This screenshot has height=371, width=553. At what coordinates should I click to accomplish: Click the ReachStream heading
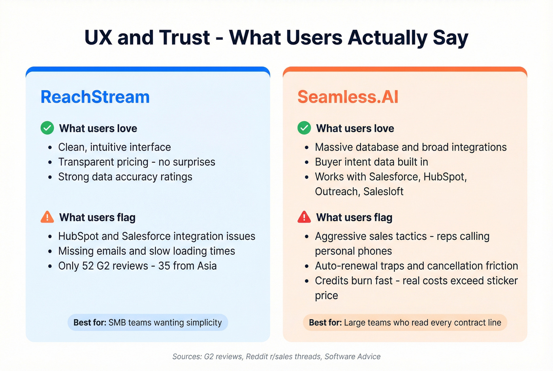pos(95,97)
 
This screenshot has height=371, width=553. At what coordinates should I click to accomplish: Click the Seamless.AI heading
pos(348,97)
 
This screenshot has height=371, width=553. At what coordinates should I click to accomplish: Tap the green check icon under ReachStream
pos(47,128)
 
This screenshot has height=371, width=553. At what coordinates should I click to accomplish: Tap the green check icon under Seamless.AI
pos(304,128)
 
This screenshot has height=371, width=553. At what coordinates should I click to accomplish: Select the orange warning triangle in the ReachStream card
pos(47,217)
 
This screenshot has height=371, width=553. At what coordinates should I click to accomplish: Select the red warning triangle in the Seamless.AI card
pos(304,217)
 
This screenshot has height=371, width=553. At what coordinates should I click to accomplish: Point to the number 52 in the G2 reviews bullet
pos(88,266)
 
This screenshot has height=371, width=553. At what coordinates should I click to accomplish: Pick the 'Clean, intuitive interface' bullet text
pos(115,147)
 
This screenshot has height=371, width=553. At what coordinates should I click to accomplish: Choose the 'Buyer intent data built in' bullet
pos(371,162)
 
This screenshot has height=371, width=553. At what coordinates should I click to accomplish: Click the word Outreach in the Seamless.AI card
pos(337,192)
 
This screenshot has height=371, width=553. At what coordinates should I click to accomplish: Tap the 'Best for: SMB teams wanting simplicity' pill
pos(148,322)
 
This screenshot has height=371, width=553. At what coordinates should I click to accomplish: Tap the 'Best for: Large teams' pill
pos(405,322)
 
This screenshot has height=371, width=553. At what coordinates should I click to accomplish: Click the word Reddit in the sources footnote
pos(256,356)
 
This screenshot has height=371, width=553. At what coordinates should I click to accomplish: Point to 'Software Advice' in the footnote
pos(352,356)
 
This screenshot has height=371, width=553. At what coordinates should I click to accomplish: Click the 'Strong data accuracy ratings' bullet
pos(125,177)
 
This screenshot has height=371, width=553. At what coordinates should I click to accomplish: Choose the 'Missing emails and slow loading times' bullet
pos(147,251)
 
